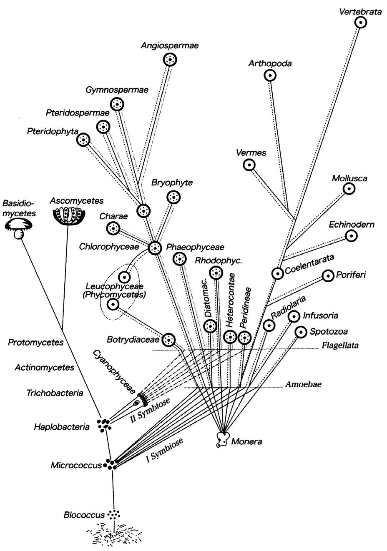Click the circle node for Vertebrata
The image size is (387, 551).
[x=360, y=23]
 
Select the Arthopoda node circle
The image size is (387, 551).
[x=270, y=75]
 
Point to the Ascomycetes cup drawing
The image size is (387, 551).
[x=69, y=215]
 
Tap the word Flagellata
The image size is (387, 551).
[x=340, y=346]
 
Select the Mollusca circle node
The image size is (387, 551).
[x=349, y=189]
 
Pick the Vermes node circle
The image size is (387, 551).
[x=249, y=165]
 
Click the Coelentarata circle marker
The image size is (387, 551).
[x=277, y=273]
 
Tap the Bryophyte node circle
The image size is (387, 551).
[x=173, y=197]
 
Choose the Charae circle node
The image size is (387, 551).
[x=112, y=228]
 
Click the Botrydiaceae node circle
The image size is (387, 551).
[x=168, y=340]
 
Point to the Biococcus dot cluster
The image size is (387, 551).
[x=113, y=514]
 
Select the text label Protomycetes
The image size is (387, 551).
[x=36, y=342]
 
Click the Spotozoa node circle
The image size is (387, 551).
[x=300, y=332]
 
